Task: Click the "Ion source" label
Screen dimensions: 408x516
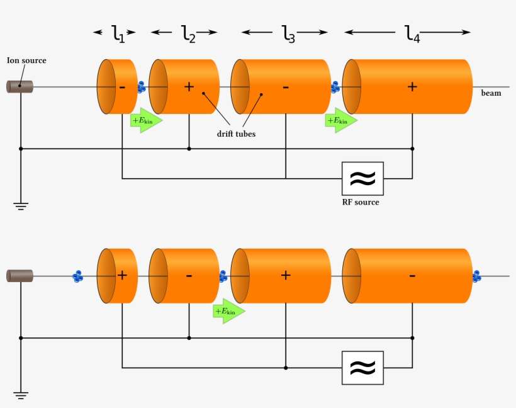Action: tap(26, 60)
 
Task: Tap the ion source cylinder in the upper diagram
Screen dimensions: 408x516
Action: tap(20, 87)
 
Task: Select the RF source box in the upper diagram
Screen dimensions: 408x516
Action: tap(362, 179)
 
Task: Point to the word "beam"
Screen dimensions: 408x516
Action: tap(491, 93)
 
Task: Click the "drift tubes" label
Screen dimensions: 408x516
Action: tap(236, 133)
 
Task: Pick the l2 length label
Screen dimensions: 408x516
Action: tap(188, 33)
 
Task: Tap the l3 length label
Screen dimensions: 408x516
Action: tap(288, 33)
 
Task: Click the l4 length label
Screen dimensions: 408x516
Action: tap(412, 33)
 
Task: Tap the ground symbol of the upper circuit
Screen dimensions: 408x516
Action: tap(21, 206)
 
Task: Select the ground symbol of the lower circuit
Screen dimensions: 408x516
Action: tap(21, 395)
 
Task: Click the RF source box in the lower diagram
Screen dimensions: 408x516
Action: tap(362, 368)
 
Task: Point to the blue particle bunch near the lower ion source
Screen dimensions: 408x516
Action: tap(78, 276)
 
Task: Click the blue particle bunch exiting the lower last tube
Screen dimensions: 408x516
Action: tap(476, 276)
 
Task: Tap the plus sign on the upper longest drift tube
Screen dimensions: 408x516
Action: tap(412, 87)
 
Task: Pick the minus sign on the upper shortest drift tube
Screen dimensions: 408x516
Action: tap(122, 87)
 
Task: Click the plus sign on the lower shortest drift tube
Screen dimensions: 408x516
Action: tap(122, 275)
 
